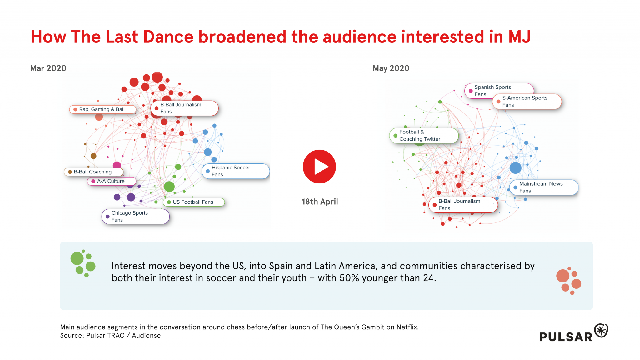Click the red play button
[319, 167]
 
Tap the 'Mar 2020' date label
[48, 68]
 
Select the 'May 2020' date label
[391, 68]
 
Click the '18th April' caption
[320, 202]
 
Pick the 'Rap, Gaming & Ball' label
[102, 109]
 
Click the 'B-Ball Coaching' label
[93, 172]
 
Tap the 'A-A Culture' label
[112, 181]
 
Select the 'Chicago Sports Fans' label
[136, 217]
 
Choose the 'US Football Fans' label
[194, 202]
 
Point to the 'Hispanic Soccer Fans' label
[236, 171]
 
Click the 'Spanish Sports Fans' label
[499, 91]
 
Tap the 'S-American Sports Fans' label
[527, 102]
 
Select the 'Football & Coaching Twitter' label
[424, 136]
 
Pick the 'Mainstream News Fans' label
[544, 187]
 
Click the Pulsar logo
[574, 333]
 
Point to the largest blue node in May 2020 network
[516, 168]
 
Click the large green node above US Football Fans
[169, 187]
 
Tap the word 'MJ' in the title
[519, 37]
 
